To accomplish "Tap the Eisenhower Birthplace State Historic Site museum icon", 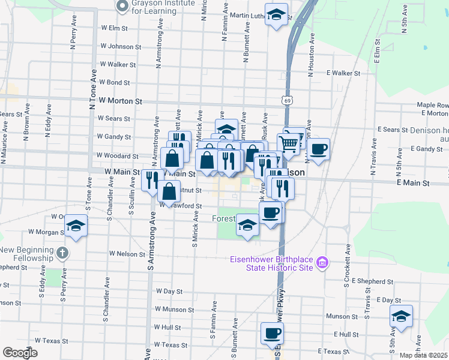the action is point(322,263).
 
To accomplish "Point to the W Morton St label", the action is point(120,102).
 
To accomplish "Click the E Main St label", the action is point(413,182).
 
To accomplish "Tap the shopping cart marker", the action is point(289,143).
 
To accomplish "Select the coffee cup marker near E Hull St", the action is point(271,333).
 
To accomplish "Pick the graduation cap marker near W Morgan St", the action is point(76,226).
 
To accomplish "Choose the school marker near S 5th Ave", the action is point(401,316).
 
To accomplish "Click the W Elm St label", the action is point(115,28).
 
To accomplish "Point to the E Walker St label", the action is point(343,73).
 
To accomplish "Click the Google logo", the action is point(20,353).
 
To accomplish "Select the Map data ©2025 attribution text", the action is point(424,355).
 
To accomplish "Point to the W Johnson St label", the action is point(121,46).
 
